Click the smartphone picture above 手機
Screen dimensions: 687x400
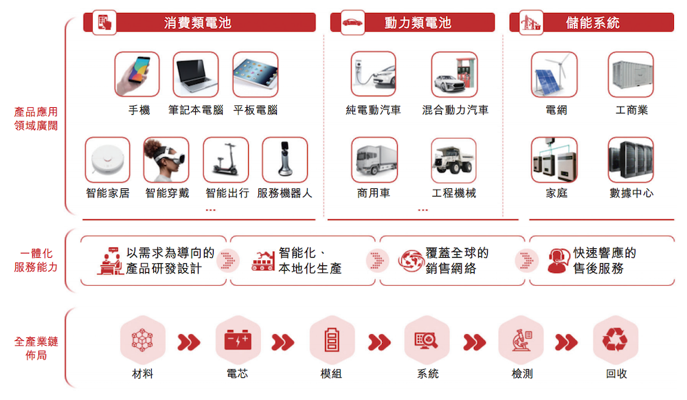coord(137,74)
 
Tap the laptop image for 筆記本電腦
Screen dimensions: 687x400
coord(195,74)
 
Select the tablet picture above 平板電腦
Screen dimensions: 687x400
coord(256,74)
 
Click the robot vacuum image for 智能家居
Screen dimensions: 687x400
coord(108,160)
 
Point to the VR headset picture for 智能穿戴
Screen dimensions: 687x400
coord(166,160)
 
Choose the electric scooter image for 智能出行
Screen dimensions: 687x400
coord(226,160)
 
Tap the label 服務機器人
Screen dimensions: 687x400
coord(285,193)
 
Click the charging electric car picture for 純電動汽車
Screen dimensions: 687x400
coord(374,74)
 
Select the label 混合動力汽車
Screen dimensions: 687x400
coord(455,110)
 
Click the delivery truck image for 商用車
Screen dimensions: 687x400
coord(374,160)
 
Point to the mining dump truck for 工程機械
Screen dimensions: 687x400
coord(454,160)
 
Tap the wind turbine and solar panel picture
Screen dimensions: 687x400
coord(554,74)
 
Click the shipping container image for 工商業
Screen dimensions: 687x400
coord(631,74)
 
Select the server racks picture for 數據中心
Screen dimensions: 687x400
coord(631,160)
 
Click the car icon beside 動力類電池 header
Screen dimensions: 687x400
coord(352,23)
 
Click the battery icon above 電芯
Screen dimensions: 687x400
coord(238,340)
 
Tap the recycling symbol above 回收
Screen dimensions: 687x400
coord(615,340)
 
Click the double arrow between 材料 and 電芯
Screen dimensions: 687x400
coord(189,342)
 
